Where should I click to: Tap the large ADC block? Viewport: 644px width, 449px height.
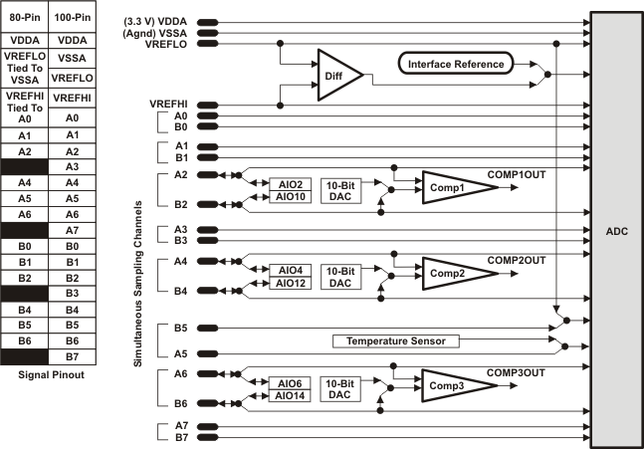(x=615, y=230)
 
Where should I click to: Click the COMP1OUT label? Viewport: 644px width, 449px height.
(x=517, y=173)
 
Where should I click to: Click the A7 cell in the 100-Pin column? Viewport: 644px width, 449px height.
(x=72, y=230)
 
